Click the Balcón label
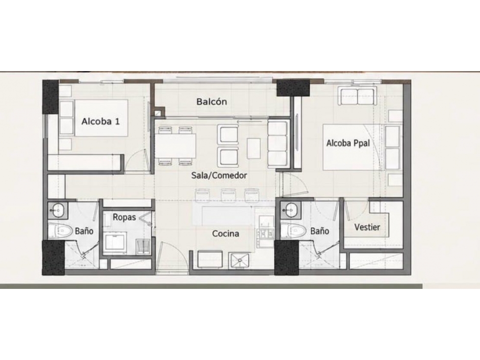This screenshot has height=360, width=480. (x=211, y=102)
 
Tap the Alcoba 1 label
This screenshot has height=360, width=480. (x=101, y=121)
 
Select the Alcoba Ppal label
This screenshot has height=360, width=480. (x=348, y=143)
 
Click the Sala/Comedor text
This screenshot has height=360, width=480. (x=219, y=176)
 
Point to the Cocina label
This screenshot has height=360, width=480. (x=226, y=233)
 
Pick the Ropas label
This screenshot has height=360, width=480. (x=124, y=217)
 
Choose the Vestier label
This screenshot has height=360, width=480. (x=367, y=227)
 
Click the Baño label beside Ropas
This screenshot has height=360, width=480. (x=84, y=231)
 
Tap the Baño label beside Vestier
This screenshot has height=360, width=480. (x=320, y=231)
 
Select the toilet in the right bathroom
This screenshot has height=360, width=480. (x=293, y=231)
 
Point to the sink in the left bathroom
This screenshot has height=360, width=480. (x=57, y=210)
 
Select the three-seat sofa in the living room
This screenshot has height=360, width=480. (x=278, y=144)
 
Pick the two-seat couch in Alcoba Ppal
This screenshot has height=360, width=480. (x=357, y=92)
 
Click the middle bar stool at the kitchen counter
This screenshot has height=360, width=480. (x=227, y=195)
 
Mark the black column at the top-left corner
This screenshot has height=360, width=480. (x=50, y=97)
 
